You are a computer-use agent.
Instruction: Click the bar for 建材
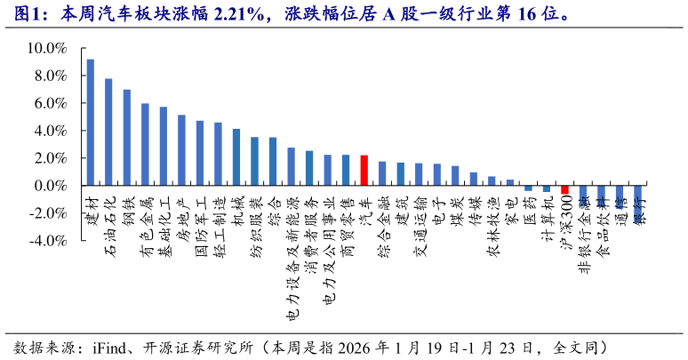[90, 123]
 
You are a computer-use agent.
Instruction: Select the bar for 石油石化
[108, 132]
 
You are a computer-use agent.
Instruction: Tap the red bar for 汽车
[364, 171]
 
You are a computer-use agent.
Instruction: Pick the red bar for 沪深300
[564, 190]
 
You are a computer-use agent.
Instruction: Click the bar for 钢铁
[127, 138]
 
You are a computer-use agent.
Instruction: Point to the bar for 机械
[236, 157]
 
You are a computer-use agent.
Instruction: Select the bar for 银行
[637, 196]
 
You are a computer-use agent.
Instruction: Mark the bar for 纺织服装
[254, 162]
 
